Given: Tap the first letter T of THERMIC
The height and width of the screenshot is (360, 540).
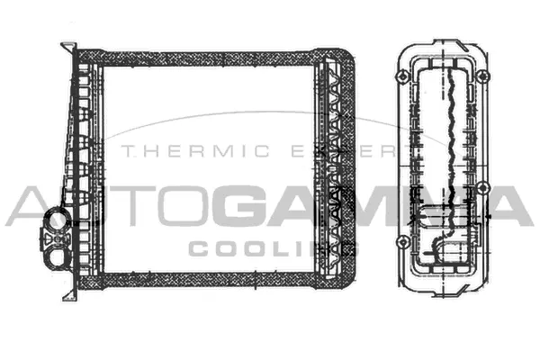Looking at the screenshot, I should [x=126, y=151].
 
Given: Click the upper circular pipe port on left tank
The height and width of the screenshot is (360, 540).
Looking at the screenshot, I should [x=58, y=217].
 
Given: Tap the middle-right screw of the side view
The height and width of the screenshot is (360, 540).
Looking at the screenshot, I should [x=483, y=188].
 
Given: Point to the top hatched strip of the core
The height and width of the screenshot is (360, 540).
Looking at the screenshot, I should [x=211, y=59].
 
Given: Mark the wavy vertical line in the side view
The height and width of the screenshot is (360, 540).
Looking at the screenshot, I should [x=447, y=135].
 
